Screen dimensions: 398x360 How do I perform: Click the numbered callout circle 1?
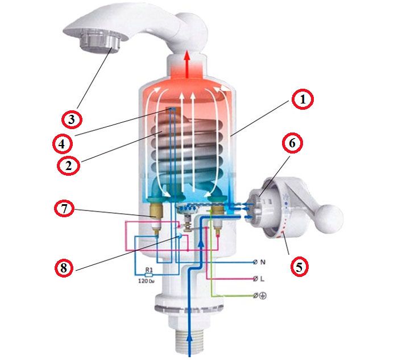tap(302, 100)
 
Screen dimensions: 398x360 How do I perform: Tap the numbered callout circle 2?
tap(68, 165)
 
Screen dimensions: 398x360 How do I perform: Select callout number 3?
tap(72, 119)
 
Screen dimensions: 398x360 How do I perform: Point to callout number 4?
tap(63, 144)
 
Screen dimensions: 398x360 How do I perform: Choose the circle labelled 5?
tap(299, 267)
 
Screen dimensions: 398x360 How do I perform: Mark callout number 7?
tap(64, 209)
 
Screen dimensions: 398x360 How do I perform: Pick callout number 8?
tap(64, 268)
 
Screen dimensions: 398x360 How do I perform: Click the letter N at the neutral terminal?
tap(263, 262)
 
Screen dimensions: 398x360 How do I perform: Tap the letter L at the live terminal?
tap(263, 279)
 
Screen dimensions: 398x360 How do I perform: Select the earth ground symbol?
tap(263, 296)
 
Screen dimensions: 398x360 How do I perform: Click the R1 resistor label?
tap(148, 270)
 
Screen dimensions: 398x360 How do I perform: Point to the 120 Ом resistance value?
tap(146, 282)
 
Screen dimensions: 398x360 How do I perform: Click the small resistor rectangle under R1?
tap(148, 275)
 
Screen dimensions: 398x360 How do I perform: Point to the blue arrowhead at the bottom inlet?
tap(189, 339)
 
